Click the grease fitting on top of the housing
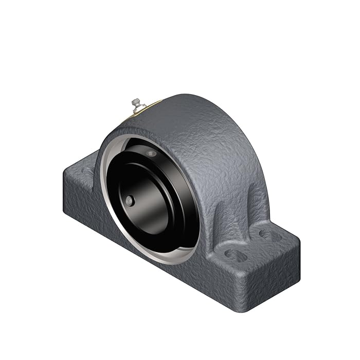[x=136, y=104]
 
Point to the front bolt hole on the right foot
[x=235, y=254]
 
